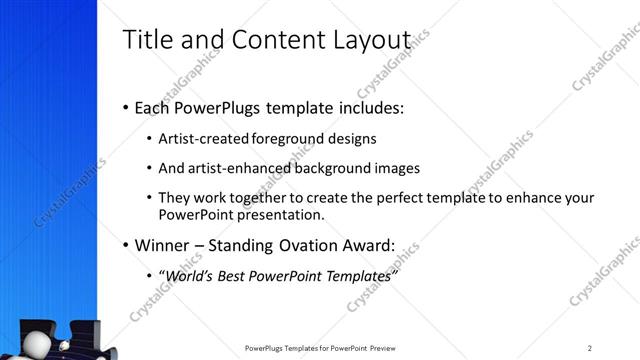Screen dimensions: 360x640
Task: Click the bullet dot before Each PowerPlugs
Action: point(126,107)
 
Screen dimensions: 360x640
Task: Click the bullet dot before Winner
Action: point(126,245)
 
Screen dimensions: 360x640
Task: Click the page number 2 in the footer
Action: point(590,348)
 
